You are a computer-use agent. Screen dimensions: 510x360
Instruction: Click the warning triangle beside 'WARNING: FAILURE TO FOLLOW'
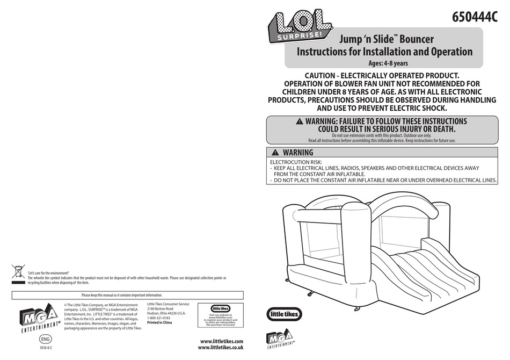(x=299, y=122)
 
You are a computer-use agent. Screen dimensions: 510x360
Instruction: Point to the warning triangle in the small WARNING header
(x=275, y=153)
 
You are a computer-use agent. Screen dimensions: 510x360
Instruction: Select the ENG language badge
(x=46, y=340)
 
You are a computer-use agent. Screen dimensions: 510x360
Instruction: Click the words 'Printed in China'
(x=159, y=323)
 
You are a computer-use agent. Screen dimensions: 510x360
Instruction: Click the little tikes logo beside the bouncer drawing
(x=285, y=314)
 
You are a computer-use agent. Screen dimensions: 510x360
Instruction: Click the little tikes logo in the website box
(x=221, y=308)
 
